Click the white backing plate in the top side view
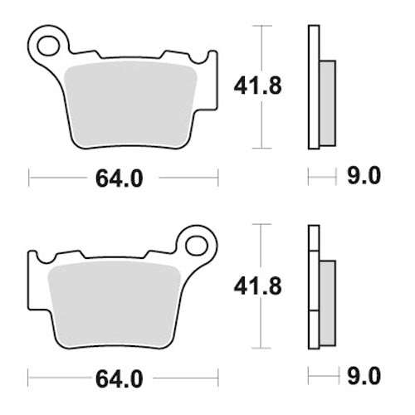pyautogui.click(x=313, y=87)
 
